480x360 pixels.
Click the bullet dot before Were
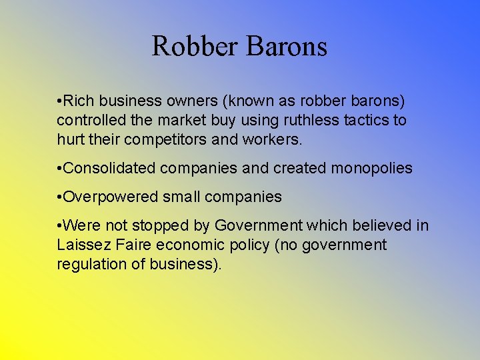59,226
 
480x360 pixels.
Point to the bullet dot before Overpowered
59,197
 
